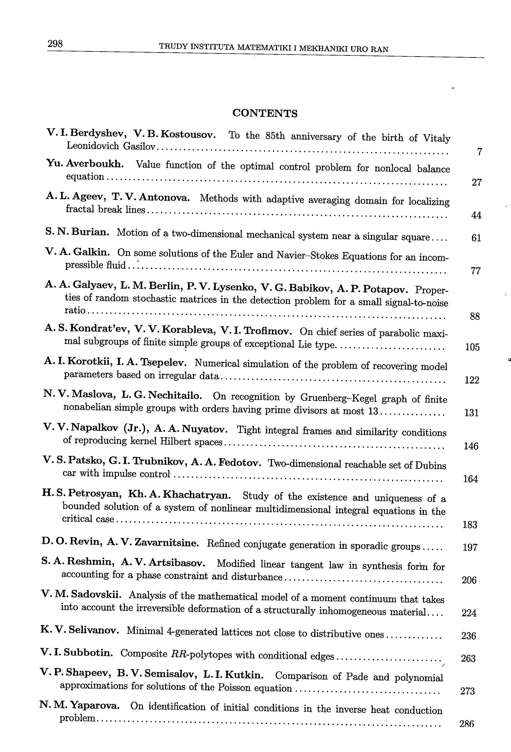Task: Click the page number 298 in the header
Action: coord(55,44)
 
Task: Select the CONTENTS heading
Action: coord(265,113)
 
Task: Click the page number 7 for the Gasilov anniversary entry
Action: coord(480,152)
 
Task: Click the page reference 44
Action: coord(476,215)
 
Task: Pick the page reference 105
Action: coord(472,347)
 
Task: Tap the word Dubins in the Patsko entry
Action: coord(430,465)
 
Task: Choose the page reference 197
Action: coord(470,547)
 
